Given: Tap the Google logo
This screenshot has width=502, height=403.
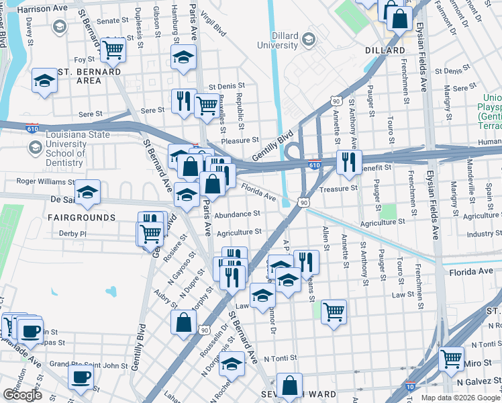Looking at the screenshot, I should pos(22,395).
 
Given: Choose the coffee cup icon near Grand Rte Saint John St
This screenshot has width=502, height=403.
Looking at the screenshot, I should pos(81,377).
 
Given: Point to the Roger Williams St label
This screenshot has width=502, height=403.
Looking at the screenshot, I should pos(43,181).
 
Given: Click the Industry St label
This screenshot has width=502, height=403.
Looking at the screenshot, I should pos(484,234).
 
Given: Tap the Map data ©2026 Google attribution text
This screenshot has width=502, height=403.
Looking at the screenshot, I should pos(460,397).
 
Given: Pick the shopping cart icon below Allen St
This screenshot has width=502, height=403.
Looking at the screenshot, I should pos(334,312).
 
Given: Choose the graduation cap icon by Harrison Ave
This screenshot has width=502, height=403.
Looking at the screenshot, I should pos(59,28).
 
